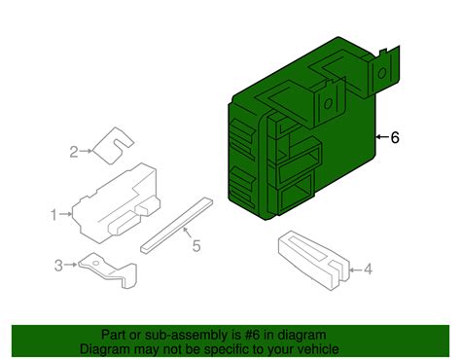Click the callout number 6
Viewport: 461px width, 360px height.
point(395,138)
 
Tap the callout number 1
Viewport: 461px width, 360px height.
point(55,212)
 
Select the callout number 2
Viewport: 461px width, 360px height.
point(73,151)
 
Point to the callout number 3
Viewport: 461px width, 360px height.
point(58,265)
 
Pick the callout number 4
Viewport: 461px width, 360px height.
point(369,269)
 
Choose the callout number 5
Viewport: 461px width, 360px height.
point(195,246)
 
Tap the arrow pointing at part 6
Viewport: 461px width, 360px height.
point(380,138)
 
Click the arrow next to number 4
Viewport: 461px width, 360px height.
point(353,269)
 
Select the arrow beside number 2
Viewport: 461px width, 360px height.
point(87,151)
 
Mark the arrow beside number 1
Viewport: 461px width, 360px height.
point(68,212)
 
